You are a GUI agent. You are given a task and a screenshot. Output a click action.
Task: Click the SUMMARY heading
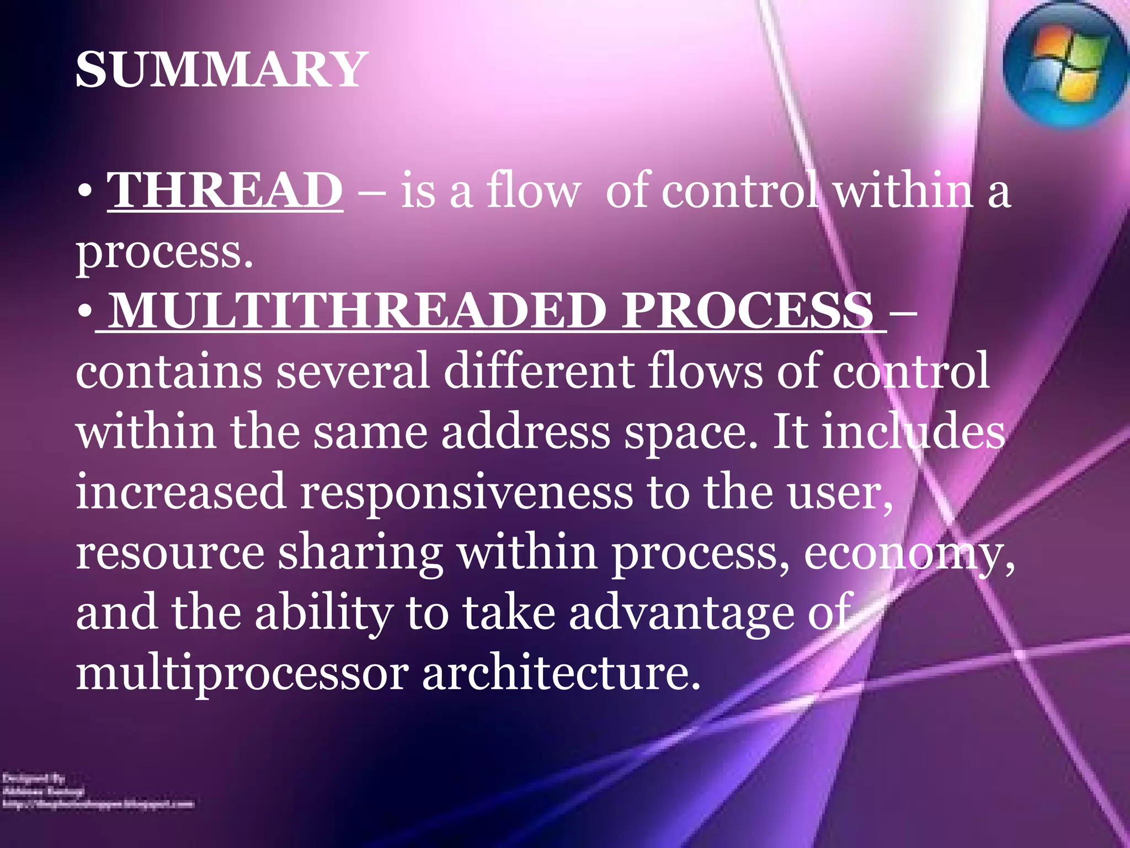pyautogui.click(x=221, y=70)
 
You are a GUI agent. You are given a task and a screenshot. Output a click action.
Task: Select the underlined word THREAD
pyautogui.click(x=225, y=190)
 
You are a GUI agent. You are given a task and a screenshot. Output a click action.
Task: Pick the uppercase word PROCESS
pyautogui.click(x=748, y=311)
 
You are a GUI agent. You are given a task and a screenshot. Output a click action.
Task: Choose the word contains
pyautogui.click(x=169, y=372)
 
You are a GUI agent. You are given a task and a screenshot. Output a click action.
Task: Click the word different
pyautogui.click(x=539, y=372)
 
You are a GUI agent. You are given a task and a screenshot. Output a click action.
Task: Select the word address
pyautogui.click(x=525, y=432)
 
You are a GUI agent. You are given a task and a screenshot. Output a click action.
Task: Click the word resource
pyautogui.click(x=170, y=554)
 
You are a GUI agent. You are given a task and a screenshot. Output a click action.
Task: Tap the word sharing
pyautogui.click(x=360, y=554)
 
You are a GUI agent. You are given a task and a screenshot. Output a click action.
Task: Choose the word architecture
pyautogui.click(x=561, y=674)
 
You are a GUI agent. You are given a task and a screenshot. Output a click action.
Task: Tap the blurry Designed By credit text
pyautogui.click(x=34, y=778)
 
